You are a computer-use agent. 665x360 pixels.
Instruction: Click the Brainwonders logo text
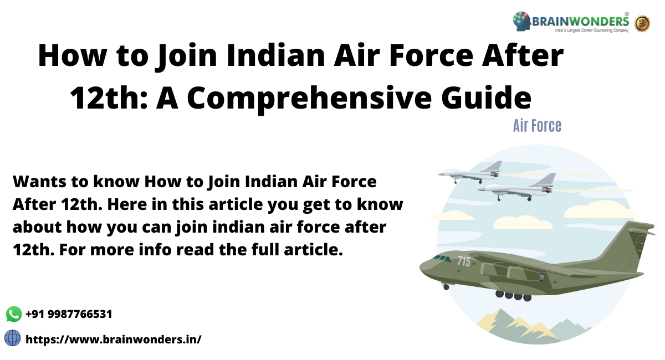[x=581, y=22]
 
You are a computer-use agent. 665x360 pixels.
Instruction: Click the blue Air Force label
[x=537, y=126]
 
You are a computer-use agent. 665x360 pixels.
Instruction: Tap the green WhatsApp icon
[x=14, y=314]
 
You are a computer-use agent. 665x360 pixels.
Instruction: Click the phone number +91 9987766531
[x=69, y=314]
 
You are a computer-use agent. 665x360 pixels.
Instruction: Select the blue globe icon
[x=13, y=338]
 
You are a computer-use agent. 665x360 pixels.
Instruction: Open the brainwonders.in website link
[x=114, y=338]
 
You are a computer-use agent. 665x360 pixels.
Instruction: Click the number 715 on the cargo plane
[x=464, y=261]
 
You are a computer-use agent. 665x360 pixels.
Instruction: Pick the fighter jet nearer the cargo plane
[x=518, y=187]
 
